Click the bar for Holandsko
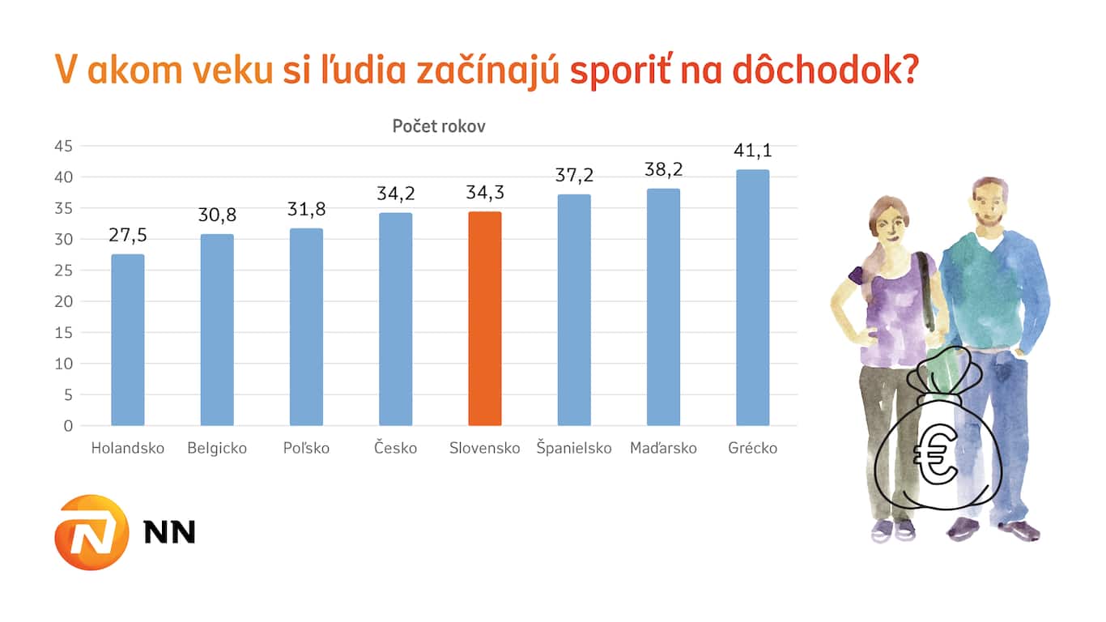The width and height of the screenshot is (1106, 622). [128, 340]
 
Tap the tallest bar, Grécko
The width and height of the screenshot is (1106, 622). [753, 297]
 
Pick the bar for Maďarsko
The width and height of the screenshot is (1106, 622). [663, 307]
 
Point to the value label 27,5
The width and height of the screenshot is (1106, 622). [128, 236]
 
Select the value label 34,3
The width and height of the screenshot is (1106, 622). [485, 194]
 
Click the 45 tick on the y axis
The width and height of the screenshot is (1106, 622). [63, 146]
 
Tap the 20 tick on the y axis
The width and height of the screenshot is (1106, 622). [63, 301]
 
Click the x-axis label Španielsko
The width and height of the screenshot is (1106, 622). [574, 448]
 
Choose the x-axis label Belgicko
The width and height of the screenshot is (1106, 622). [217, 448]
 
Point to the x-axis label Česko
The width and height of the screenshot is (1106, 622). [396, 448]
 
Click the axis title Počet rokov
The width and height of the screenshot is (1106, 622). [439, 126]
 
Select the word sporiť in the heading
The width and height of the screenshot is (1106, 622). [619, 70]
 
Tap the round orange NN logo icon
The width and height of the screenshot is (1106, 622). [91, 533]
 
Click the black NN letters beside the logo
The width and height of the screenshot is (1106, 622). [169, 532]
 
